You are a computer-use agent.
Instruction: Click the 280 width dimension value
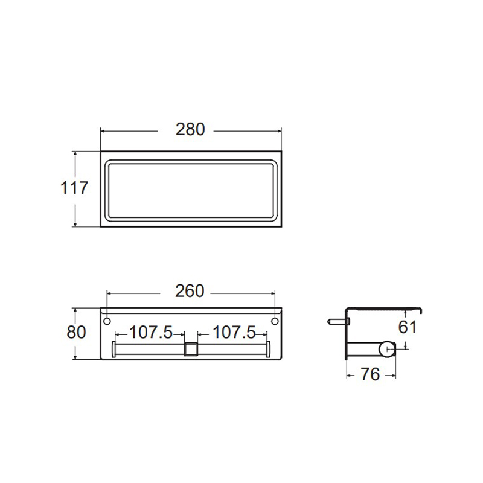point(190,129)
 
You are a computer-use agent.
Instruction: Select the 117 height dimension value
point(74,188)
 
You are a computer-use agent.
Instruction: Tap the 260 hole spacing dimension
point(190,291)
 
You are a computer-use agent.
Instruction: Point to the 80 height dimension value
point(76,333)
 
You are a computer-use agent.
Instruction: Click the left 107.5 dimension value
point(151,333)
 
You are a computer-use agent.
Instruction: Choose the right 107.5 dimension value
point(234,333)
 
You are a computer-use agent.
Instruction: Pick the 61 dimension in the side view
point(408,327)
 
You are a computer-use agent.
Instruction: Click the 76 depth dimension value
point(370,374)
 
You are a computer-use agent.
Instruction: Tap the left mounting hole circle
point(107,321)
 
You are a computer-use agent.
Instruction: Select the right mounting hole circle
point(275,321)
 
